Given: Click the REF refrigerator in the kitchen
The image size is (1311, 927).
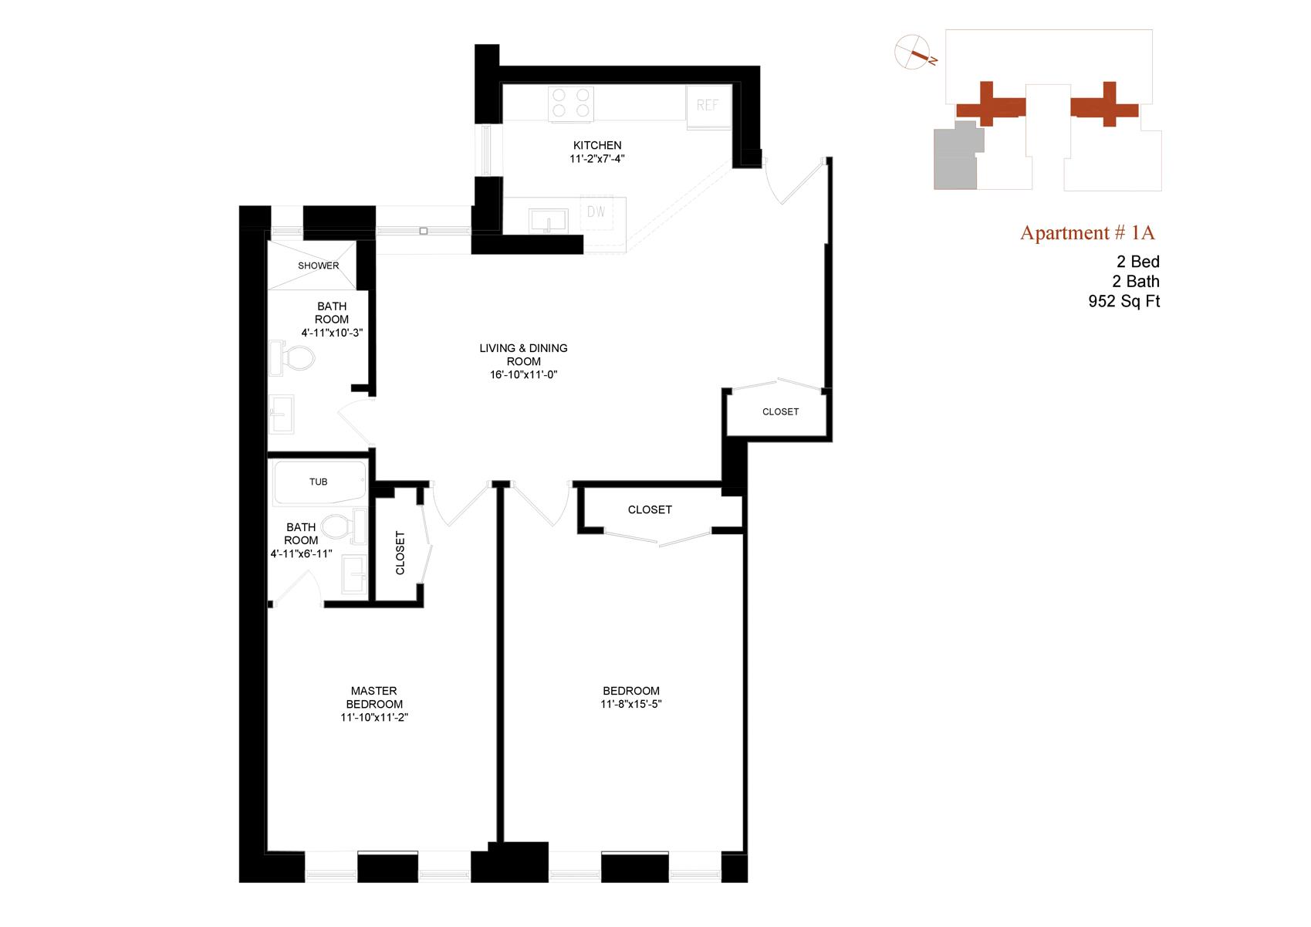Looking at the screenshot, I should coord(708,105).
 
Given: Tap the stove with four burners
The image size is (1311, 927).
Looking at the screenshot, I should coord(571,103).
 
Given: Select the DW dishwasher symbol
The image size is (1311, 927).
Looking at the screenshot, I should coord(596,211).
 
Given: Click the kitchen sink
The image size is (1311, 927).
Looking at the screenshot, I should coord(548,220).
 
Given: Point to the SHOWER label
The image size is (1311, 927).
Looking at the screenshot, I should coord(319,266).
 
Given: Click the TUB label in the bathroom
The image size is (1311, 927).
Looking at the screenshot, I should coord(318,482).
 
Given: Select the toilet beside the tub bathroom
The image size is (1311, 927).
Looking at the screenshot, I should coord(340,527).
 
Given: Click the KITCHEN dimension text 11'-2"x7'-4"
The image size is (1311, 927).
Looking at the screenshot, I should coord(597,159).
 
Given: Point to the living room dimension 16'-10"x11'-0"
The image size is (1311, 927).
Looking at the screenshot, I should coord(523,374).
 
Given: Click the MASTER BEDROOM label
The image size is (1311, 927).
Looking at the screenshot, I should coord(374,698).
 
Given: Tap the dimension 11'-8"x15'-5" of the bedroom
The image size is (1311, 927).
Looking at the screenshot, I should coord(631,704).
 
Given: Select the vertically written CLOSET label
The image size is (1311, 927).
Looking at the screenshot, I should coord(400,553).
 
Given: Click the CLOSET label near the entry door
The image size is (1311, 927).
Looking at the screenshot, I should coord(780,411).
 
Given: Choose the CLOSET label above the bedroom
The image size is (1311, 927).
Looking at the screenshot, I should coord(650,509).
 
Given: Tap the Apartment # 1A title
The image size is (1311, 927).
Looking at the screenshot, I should coord(1087,232).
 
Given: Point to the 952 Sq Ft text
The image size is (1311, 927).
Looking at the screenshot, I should coord(1123,302).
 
